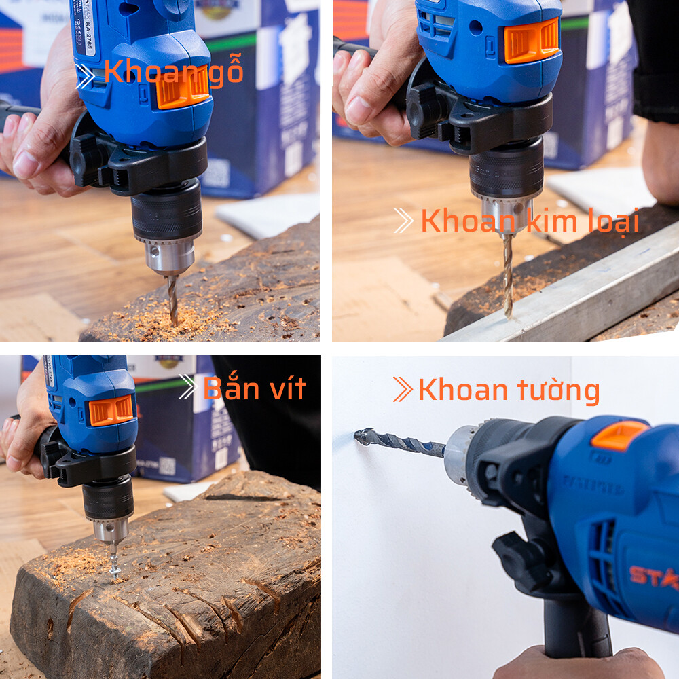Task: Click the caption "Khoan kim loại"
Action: tap(530, 221)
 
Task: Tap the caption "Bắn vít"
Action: tap(255, 388)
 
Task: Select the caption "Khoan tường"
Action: tap(509, 390)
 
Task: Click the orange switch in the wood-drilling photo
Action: tap(182, 89)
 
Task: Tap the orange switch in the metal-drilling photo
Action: tap(532, 41)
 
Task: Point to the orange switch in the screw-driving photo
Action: tap(111, 410)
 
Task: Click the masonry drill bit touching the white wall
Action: tap(398, 442)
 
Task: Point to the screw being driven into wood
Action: tap(115, 564)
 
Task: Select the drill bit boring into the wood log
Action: tap(172, 299)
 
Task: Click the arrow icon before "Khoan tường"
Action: tap(403, 390)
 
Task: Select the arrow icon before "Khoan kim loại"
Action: tap(403, 221)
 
